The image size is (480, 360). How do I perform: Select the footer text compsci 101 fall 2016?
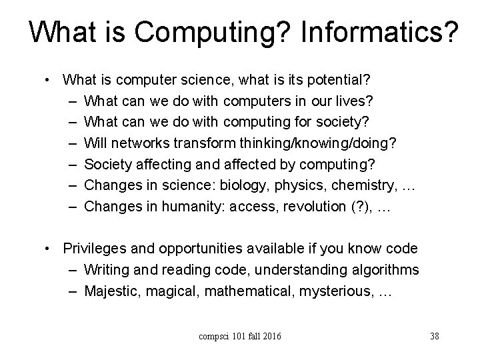point(239,335)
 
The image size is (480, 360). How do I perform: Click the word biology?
point(242,186)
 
